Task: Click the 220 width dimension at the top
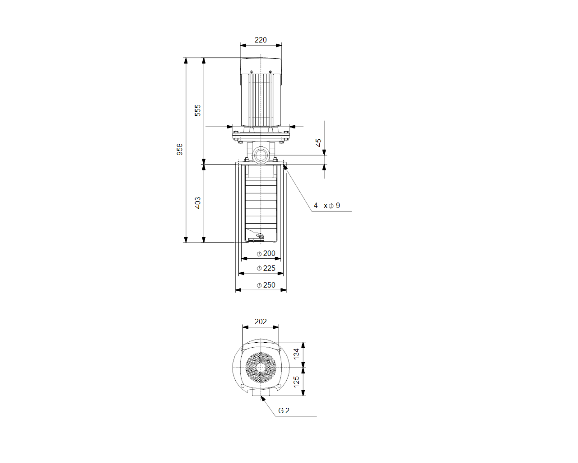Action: coord(261,40)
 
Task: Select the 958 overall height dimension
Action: coord(179,149)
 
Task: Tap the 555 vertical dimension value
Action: coord(197,110)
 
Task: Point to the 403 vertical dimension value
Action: coord(197,203)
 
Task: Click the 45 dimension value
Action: coord(318,142)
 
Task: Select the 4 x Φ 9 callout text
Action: coord(327,206)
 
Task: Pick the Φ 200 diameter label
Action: coord(266,253)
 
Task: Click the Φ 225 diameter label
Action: coord(266,268)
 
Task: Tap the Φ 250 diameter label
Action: coord(266,285)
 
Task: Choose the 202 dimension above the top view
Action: coord(261,321)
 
